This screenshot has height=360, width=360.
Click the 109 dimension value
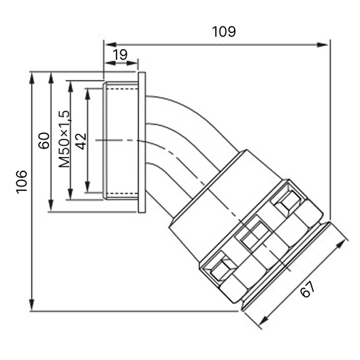tap(224, 32)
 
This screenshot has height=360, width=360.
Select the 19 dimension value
tap(120, 55)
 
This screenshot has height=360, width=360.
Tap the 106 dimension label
tap(22, 181)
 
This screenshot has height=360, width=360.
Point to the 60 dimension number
tap(44, 140)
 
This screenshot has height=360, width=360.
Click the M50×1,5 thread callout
tap(64, 139)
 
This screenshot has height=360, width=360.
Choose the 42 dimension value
tap(81, 141)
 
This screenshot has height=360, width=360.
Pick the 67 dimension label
tap(307, 289)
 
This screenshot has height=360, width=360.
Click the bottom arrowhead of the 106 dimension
tap(32, 305)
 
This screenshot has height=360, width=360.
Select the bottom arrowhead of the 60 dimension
tap(50, 206)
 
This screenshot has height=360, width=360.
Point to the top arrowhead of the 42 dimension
tap(88, 94)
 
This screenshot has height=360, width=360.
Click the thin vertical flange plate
tap(142, 142)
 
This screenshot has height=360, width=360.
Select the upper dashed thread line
tap(122, 89)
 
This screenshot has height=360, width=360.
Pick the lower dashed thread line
tap(122, 193)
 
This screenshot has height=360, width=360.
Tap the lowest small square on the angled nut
tap(222, 268)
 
